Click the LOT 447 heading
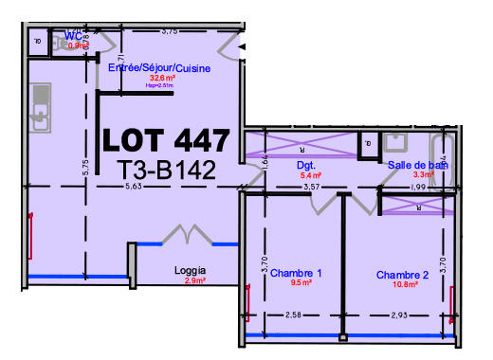[166, 139]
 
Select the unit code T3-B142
[167, 170]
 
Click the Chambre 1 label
[296, 274]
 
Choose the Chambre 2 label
[402, 276]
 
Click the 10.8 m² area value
[404, 284]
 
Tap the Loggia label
[191, 271]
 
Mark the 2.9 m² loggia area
[194, 281]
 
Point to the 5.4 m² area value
[310, 175]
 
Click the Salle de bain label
[417, 165]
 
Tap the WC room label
[74, 37]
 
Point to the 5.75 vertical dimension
[85, 168]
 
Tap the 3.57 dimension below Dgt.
[310, 188]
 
